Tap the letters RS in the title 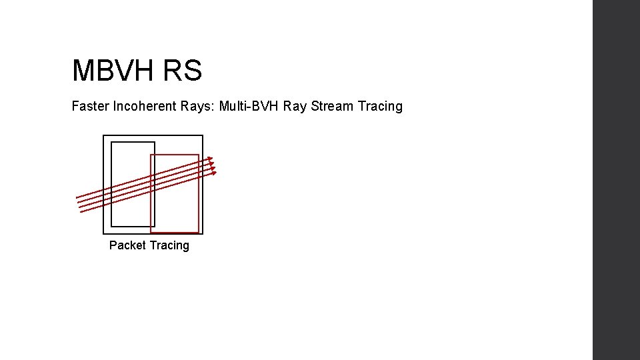click(181, 71)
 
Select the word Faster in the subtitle click(89, 106)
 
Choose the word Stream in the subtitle click(332, 106)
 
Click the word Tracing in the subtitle click(381, 106)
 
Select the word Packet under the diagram click(127, 245)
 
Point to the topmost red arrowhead click(211, 159)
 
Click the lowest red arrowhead click(214, 173)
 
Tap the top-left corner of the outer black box click(104, 136)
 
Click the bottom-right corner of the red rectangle click(199, 232)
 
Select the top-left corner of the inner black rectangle click(111, 143)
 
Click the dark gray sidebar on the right click(616, 180)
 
